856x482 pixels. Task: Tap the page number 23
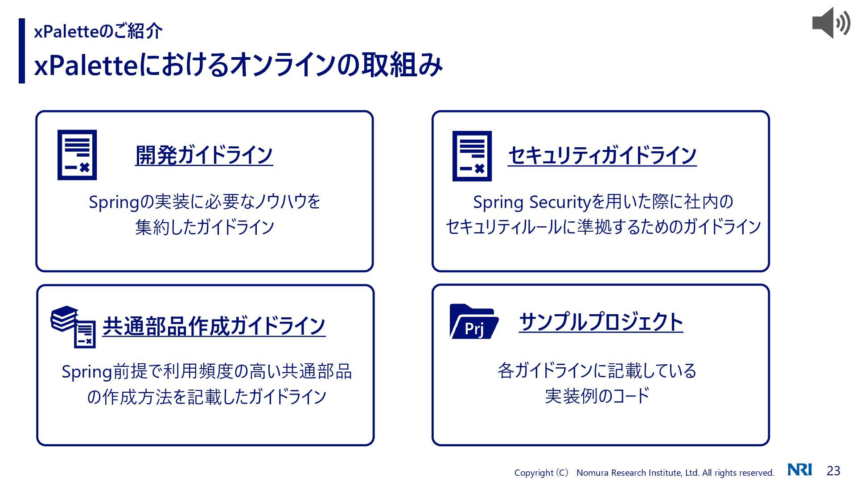click(833, 470)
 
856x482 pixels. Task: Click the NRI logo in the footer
click(799, 470)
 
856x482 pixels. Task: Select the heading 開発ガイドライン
click(204, 155)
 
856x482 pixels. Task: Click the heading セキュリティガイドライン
click(602, 155)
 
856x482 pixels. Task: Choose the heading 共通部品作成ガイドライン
click(214, 326)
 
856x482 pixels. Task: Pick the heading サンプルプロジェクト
click(601, 322)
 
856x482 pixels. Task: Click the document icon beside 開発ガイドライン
click(77, 155)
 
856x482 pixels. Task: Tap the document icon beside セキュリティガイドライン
click(472, 156)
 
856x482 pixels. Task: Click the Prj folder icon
click(473, 322)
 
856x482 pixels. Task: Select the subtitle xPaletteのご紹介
click(98, 31)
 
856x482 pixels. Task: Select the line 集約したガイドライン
click(205, 227)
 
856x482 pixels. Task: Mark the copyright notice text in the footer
click(644, 473)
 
